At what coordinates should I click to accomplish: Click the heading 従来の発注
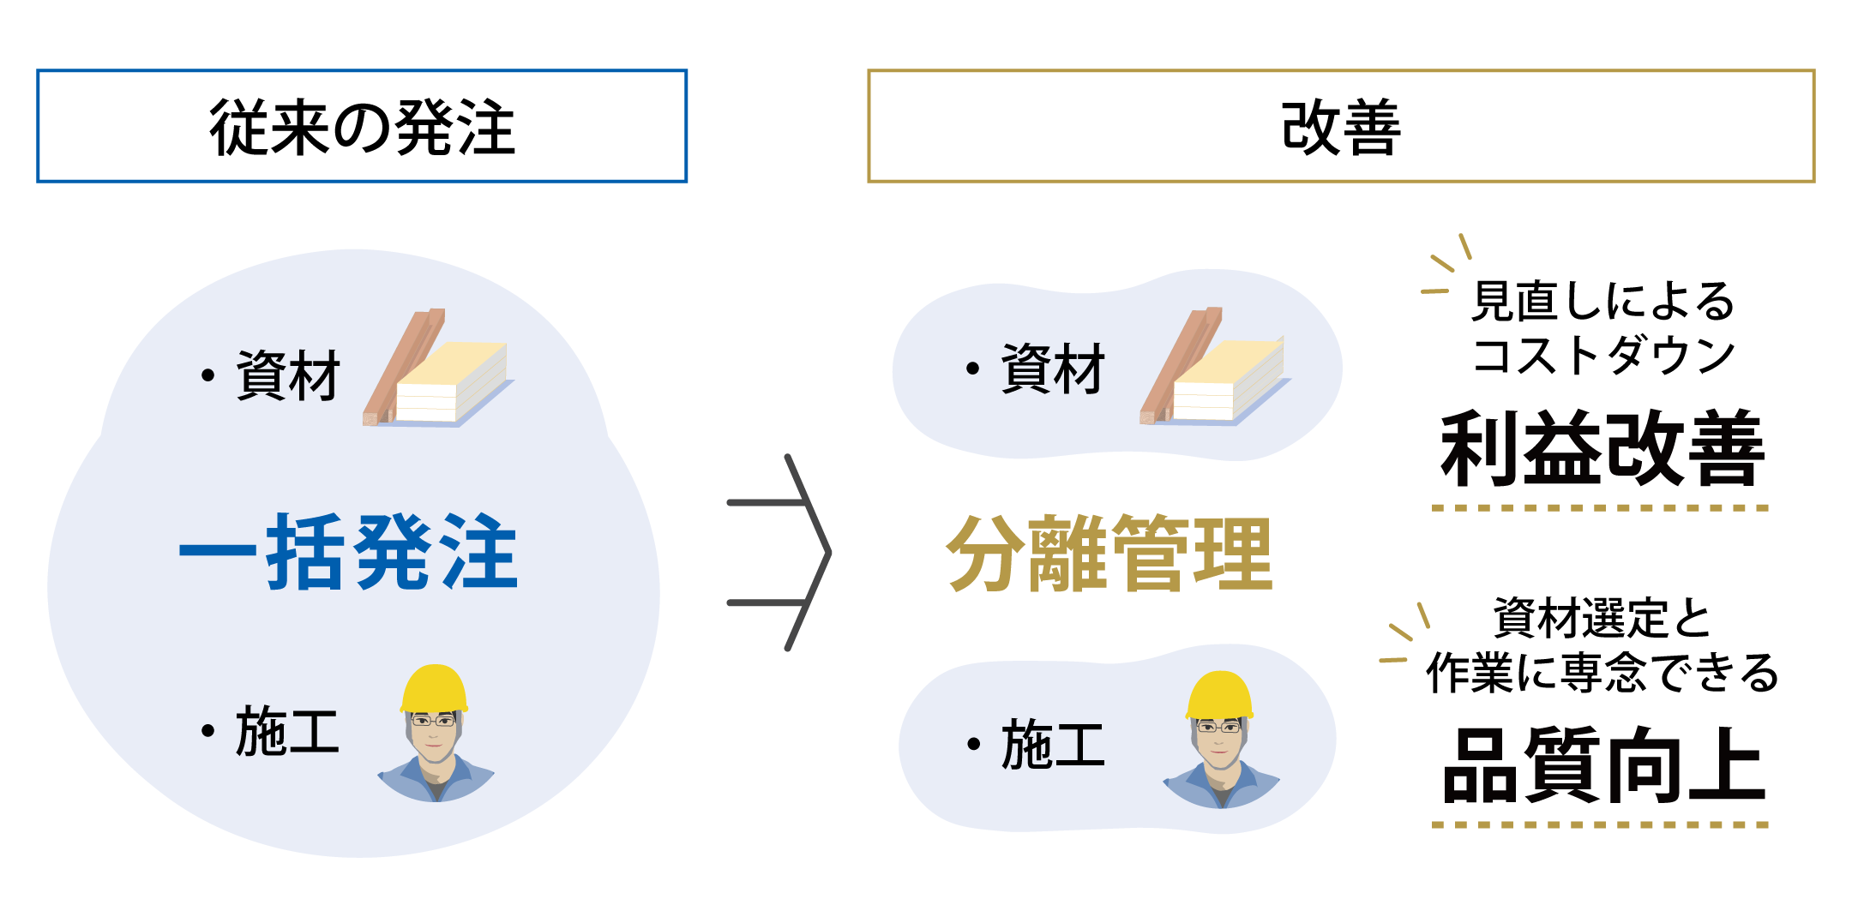[362, 127]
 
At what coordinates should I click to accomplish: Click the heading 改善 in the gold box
[1340, 127]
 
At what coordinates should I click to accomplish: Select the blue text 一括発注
[348, 552]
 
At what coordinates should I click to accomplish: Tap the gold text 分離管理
[1109, 554]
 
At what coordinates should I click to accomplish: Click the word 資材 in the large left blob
[288, 375]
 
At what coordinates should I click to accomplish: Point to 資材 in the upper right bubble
[1053, 369]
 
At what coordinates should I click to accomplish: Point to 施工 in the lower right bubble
[1053, 744]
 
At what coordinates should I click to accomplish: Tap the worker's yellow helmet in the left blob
[435, 688]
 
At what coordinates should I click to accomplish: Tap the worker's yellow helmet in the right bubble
[1219, 695]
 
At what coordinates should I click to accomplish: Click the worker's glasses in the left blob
[433, 721]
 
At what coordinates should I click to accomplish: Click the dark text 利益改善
[1602, 449]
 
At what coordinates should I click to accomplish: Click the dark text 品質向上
[1602, 765]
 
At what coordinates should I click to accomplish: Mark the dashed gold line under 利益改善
[1600, 507]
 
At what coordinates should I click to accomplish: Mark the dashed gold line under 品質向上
[1600, 824]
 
